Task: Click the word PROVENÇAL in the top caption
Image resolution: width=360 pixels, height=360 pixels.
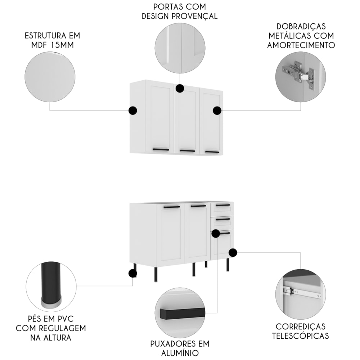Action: tap(194, 17)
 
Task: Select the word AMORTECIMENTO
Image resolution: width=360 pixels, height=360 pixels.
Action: tap(301, 45)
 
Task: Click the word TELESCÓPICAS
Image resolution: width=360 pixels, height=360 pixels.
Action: tap(301, 336)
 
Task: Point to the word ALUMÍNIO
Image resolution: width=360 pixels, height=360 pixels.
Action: tap(180, 353)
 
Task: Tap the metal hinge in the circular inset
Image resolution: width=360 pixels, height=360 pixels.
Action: tap(298, 73)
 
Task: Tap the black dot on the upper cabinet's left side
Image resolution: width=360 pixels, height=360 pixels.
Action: tap(133, 111)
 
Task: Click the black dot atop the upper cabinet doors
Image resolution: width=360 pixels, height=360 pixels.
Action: tap(180, 88)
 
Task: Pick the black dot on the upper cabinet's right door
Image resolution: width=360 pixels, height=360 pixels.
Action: tap(217, 111)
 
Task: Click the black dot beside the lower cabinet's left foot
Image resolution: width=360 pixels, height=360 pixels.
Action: tap(133, 274)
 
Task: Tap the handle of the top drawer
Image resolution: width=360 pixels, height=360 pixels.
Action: tap(223, 205)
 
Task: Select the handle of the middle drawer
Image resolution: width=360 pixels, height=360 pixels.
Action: tap(223, 219)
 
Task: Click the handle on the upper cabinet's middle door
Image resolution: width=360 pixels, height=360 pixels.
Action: tap(188, 151)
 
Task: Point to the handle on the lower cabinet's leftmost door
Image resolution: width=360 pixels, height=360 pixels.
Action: tap(172, 207)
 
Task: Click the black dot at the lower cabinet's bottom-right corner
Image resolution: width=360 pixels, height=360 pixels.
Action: tap(233, 253)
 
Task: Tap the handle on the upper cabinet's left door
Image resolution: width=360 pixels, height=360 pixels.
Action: tap(161, 150)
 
